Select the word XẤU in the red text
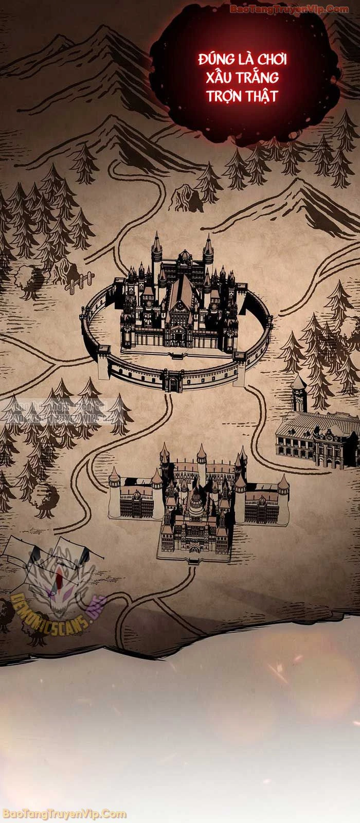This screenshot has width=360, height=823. (221, 78)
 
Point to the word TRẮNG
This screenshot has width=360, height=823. (260, 78)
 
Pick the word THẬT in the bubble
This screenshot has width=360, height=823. (261, 96)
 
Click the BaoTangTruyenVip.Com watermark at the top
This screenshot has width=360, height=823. (289, 9)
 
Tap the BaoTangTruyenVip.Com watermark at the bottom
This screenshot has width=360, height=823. (64, 814)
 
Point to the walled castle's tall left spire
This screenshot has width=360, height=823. (156, 252)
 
